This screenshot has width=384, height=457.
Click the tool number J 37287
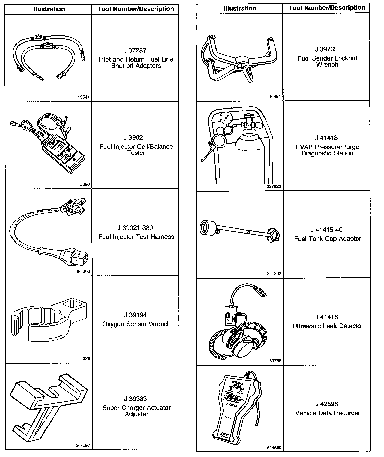click(135, 50)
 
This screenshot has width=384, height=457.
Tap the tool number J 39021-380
click(135, 228)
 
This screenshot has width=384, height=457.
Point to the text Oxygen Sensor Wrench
click(136, 324)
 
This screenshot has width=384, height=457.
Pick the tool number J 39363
click(135, 399)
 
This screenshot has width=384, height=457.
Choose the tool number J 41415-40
click(327, 230)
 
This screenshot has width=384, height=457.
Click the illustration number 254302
click(274, 274)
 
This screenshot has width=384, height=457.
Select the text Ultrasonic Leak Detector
click(328, 326)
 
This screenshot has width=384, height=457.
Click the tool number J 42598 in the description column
click(327, 404)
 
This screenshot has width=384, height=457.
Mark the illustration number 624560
click(274, 448)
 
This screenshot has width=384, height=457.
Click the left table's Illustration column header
click(49, 9)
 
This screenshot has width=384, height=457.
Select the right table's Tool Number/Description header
click(327, 8)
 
